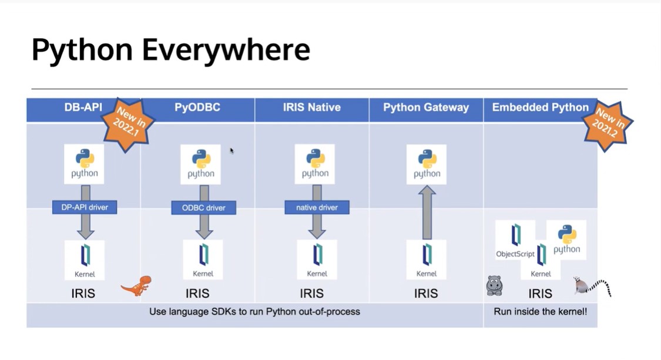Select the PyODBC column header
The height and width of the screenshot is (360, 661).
click(x=197, y=107)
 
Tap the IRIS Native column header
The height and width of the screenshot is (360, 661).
click(x=311, y=107)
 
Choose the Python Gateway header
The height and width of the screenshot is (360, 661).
click(x=426, y=107)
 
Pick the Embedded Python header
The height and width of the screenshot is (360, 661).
click(x=540, y=107)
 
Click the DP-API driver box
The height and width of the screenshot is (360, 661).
click(x=85, y=207)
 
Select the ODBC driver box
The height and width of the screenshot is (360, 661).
click(x=204, y=207)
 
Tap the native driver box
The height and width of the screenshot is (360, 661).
click(x=317, y=207)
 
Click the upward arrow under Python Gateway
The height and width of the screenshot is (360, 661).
click(x=428, y=212)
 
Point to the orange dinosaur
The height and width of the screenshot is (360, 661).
click(x=137, y=285)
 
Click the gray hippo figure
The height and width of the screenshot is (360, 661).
click(x=495, y=285)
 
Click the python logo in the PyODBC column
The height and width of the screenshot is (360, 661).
click(x=201, y=164)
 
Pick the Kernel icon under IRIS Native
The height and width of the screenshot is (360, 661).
click(x=317, y=259)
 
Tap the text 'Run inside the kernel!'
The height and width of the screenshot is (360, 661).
click(x=540, y=312)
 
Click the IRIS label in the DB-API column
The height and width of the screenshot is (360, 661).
click(x=83, y=293)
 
